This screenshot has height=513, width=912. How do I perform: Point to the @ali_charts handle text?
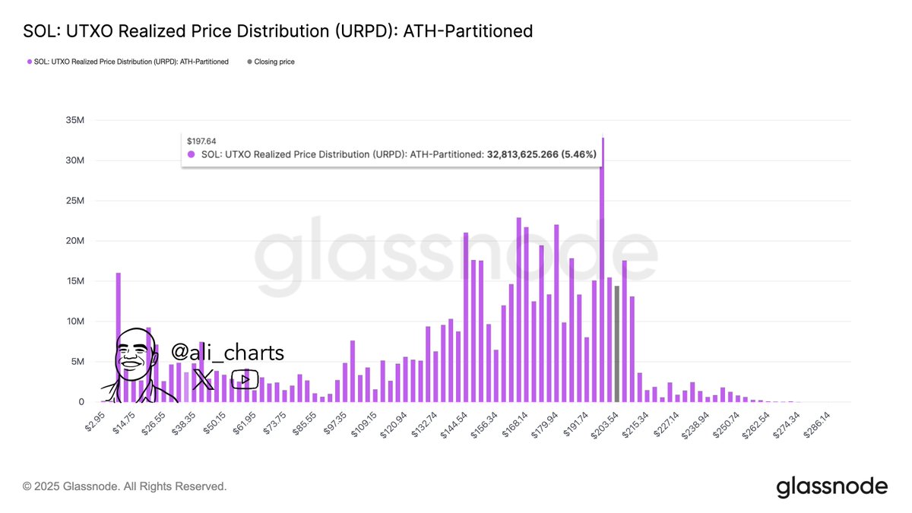tap(227, 353)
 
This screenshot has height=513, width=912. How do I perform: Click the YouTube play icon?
tap(245, 379)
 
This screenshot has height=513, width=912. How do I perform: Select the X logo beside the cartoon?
tap(204, 379)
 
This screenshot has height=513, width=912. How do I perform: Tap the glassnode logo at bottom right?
tap(831, 486)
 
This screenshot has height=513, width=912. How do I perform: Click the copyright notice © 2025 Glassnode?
tap(125, 486)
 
